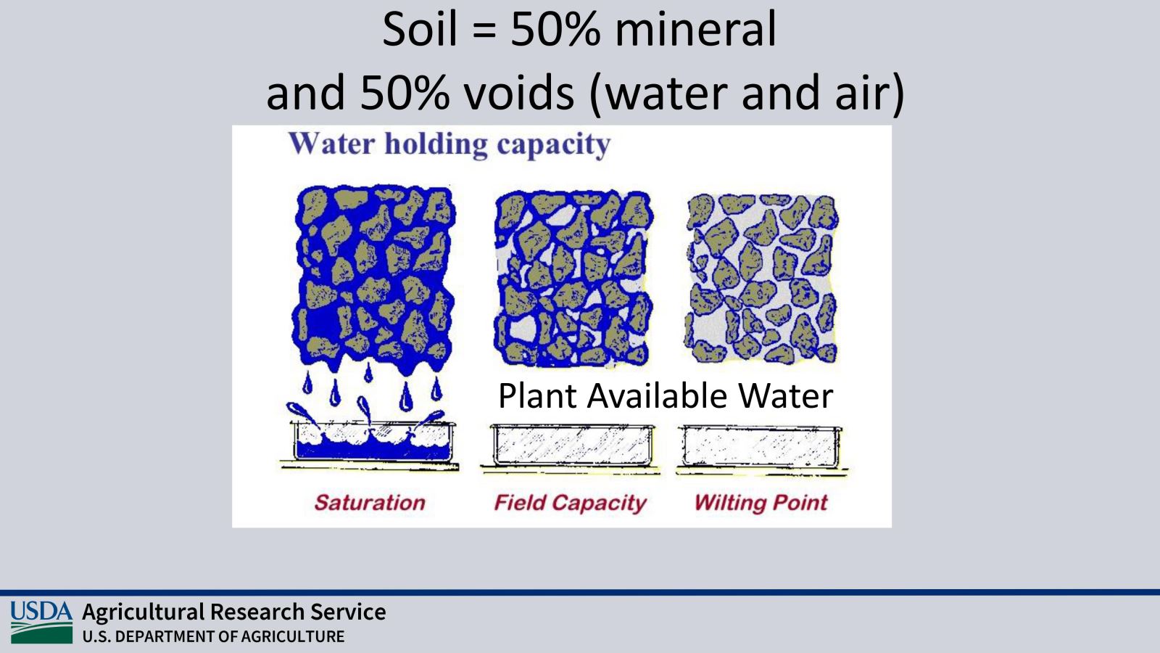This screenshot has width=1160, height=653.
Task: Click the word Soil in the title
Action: tap(420, 29)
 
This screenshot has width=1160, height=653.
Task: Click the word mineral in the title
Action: tap(695, 29)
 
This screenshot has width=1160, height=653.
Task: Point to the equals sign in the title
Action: tap(484, 31)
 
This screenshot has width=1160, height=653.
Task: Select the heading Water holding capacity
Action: tap(449, 144)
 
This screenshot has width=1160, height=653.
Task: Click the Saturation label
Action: tap(370, 503)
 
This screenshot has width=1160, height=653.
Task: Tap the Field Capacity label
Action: tap(570, 503)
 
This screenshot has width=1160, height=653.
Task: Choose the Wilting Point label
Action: tap(761, 503)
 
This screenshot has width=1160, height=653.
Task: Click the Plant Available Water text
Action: tap(666, 396)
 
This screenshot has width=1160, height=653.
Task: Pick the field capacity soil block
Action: tap(573, 279)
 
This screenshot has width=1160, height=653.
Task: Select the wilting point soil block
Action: tap(761, 279)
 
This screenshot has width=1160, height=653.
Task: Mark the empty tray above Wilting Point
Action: tap(761, 448)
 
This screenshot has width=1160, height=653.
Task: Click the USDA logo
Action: tap(41, 623)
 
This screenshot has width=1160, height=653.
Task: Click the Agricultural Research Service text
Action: tap(234, 612)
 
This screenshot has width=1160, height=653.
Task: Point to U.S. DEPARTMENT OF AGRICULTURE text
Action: tap(213, 636)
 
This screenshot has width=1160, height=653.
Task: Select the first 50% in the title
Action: tap(555, 29)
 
